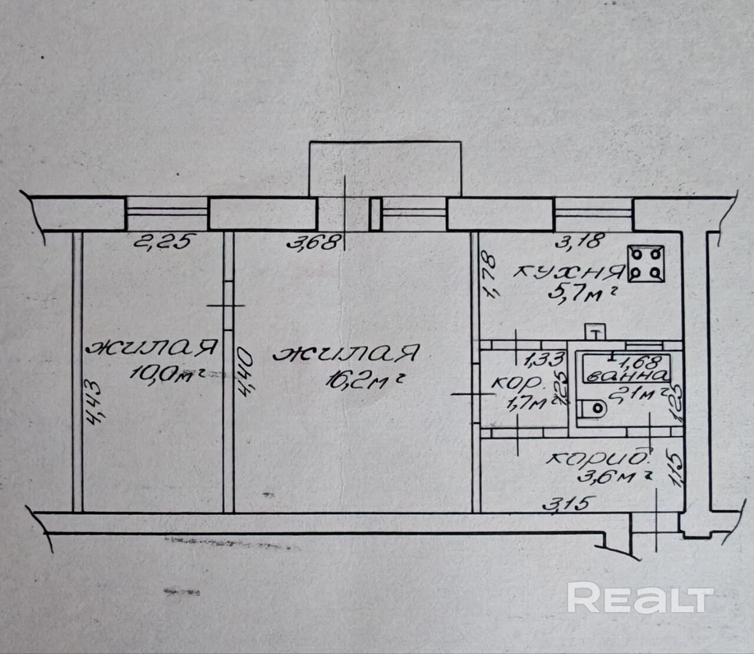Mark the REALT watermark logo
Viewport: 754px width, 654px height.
coord(640,599)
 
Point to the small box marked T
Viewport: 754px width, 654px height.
coord(596,332)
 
